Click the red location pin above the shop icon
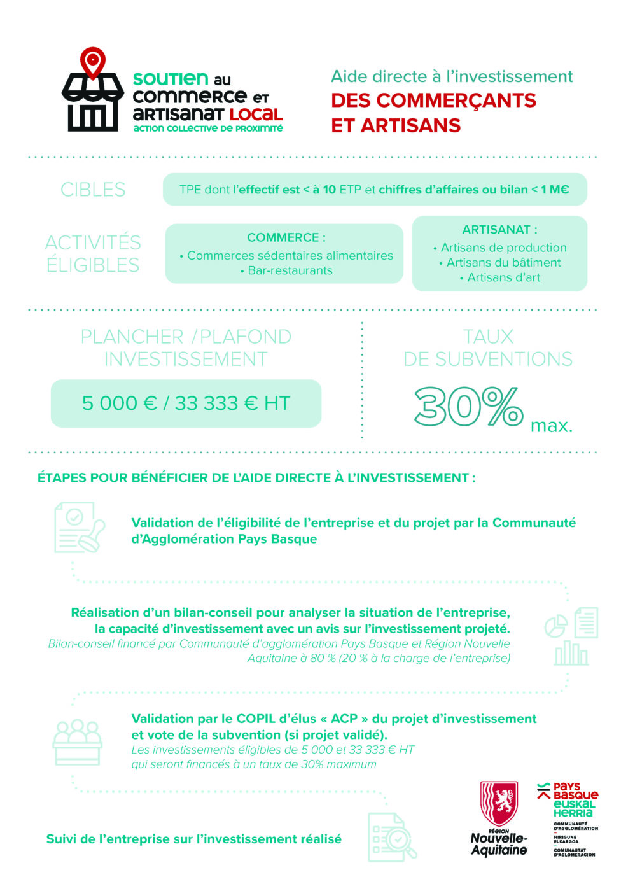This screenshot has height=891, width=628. point(92,62)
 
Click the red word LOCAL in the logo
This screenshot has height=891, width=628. point(256,115)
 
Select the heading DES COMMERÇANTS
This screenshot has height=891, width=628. point(433,101)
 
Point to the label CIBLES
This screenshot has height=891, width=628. point(93,190)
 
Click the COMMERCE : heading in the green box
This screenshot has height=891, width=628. point(286,237)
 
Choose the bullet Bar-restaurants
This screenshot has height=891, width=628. point(290,270)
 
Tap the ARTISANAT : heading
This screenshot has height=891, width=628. point(499,230)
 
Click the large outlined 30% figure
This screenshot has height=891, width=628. point(469,407)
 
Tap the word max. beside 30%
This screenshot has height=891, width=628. point(552,426)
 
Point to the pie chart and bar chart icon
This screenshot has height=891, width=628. point(571,636)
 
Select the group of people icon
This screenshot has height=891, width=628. point(77,741)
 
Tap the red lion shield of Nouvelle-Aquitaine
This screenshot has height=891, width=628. point(499,804)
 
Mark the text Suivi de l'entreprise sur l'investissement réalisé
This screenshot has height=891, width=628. point(193,839)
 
